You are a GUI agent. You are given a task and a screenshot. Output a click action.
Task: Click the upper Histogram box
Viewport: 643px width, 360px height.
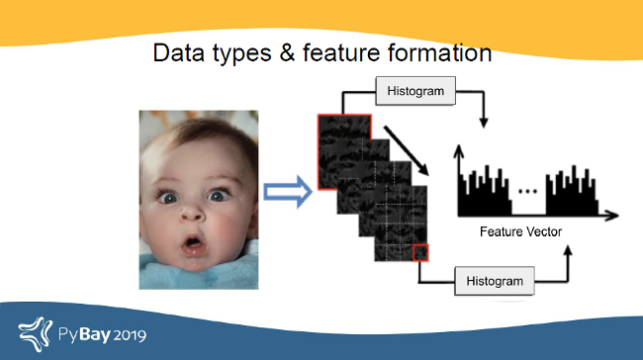[x=415, y=92]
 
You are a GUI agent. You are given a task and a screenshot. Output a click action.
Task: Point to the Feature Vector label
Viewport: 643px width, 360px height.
[x=520, y=231]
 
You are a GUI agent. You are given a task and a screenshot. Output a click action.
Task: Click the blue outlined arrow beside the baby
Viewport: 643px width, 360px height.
[x=287, y=193]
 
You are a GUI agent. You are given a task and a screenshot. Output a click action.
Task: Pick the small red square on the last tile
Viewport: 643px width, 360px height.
[x=421, y=252]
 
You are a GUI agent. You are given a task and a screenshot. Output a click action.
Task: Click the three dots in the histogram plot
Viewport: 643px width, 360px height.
[x=527, y=187]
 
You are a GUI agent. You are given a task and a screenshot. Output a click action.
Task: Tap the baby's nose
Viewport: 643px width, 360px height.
[x=195, y=211]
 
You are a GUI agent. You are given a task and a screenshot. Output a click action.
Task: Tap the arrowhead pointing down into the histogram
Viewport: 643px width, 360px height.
[x=483, y=123]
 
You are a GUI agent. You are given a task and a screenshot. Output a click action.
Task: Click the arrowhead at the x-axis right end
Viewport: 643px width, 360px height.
[x=613, y=214]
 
